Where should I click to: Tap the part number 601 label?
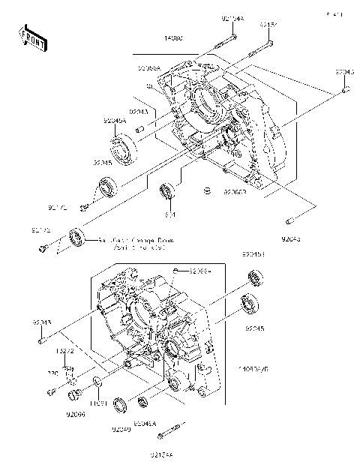click(x=170, y=215)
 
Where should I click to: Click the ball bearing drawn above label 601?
click(x=168, y=190)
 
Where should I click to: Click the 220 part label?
click(x=53, y=372)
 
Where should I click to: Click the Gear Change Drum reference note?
click(x=127, y=243)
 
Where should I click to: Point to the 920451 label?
click(x=253, y=255)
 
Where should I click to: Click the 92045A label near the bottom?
click(x=144, y=423)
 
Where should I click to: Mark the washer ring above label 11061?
click(x=97, y=386)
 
